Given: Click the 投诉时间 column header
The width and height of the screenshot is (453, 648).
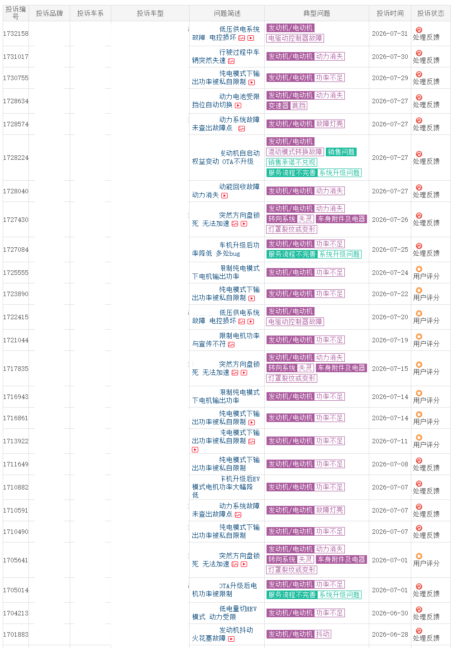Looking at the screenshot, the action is [x=390, y=13].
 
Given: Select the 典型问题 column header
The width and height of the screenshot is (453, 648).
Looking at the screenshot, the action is [x=316, y=13].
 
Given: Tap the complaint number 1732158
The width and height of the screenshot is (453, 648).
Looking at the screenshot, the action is [x=15, y=34].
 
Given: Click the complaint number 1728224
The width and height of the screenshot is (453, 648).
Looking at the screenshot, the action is [x=15, y=158].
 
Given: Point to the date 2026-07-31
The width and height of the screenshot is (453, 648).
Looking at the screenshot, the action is [x=390, y=34].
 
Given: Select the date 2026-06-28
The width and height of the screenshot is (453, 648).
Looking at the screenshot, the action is [x=390, y=634].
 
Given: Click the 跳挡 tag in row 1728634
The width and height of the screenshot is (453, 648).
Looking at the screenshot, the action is [x=299, y=106].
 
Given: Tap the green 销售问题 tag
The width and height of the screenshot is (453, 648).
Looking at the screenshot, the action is [x=341, y=152].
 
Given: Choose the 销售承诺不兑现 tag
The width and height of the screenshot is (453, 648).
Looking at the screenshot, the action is [x=291, y=162].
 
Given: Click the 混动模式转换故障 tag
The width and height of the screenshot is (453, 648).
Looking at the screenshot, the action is [x=295, y=152].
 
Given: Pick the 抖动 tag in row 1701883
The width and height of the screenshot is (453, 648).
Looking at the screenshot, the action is [x=323, y=634].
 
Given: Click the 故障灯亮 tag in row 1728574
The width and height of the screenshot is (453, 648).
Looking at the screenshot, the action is [x=329, y=124].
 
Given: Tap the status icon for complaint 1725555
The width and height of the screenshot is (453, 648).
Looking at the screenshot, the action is [x=419, y=269].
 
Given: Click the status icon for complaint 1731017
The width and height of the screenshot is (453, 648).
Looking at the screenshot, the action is [x=419, y=53].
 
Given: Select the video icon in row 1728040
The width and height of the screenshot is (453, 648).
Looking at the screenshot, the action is [x=224, y=196].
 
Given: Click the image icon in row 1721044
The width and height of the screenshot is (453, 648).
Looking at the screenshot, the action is [x=231, y=345].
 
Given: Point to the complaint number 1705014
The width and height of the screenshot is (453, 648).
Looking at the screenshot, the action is [x=15, y=590].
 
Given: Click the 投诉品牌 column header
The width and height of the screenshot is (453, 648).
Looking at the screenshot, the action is [x=49, y=13].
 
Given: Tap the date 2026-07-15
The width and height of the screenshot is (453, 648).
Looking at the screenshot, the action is [x=390, y=369].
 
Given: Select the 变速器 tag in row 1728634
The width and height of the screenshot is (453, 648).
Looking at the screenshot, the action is [x=278, y=106].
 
